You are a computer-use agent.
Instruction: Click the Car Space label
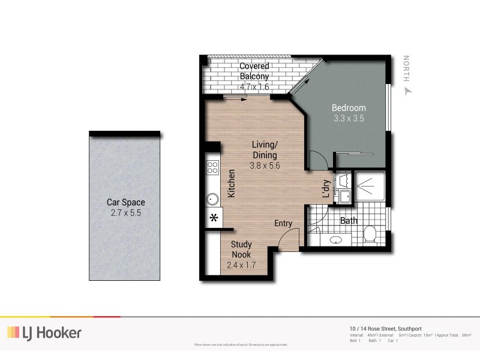[x=125, y=202]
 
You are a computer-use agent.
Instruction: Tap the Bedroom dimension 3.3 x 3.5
[x=349, y=119]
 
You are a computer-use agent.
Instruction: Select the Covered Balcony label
[x=254, y=71]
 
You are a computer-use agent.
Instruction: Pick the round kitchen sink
[x=212, y=199]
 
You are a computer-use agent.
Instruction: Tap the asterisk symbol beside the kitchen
[x=213, y=218]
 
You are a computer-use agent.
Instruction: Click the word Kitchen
[x=231, y=184]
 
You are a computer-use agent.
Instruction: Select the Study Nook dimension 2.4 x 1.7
[x=241, y=265]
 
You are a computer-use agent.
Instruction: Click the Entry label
[x=283, y=223]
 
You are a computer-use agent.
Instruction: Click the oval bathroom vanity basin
[x=336, y=240]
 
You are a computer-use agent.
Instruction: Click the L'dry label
[x=326, y=189]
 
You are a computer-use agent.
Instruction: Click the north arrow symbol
[x=409, y=91]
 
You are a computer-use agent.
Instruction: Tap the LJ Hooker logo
[x=44, y=332]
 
